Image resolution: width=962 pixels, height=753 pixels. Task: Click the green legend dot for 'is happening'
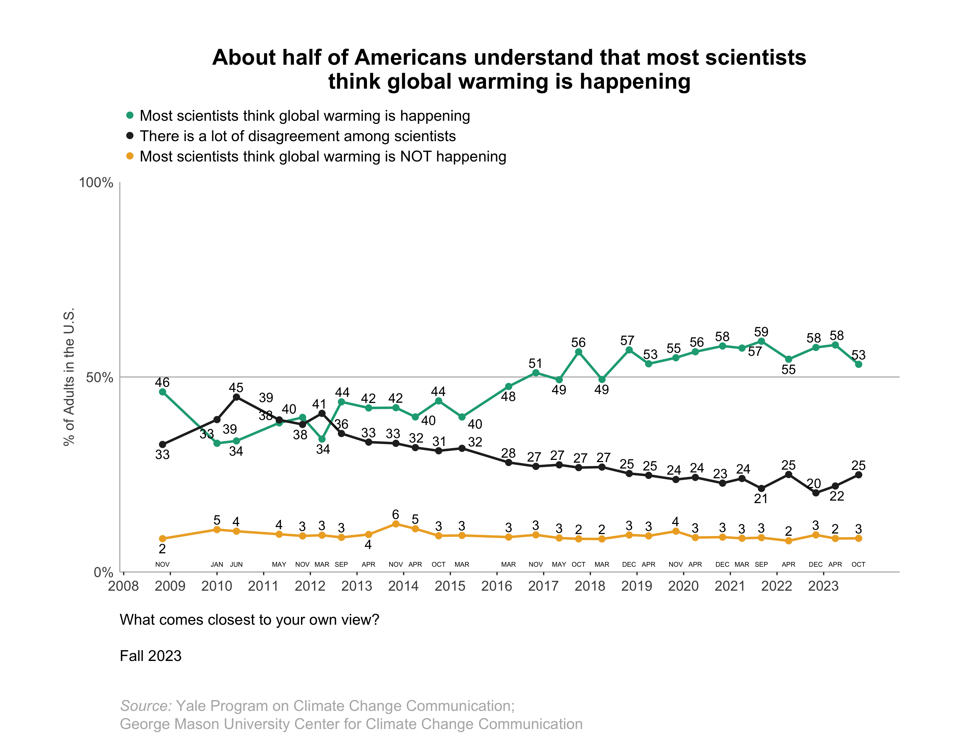130,115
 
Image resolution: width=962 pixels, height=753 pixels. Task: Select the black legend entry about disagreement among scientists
298,136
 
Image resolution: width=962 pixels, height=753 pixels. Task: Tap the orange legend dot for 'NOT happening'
130,156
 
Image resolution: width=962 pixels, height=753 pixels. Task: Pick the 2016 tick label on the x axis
497,586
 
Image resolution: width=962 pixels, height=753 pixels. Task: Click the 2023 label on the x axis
823,586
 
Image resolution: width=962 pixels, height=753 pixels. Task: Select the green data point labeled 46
163,392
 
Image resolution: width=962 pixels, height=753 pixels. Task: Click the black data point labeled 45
236,397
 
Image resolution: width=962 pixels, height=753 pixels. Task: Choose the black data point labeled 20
816,493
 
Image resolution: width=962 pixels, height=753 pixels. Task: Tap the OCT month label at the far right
859,564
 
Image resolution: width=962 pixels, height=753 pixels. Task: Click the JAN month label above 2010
217,564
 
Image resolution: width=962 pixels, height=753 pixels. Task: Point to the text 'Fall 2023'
151,656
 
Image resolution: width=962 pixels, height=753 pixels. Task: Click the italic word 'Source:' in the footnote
146,706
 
